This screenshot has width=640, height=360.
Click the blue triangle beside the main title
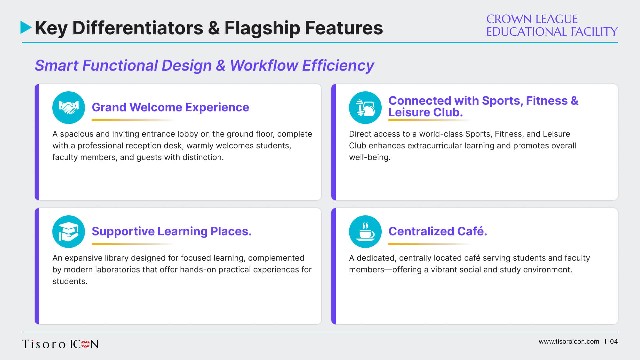click(x=26, y=27)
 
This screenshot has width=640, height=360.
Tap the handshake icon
click(x=69, y=108)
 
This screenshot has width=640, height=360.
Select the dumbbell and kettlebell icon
click(x=365, y=108)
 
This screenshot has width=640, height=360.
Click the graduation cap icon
click(x=69, y=232)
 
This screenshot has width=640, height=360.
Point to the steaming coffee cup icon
click(x=365, y=232)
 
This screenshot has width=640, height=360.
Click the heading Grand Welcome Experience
click(x=170, y=107)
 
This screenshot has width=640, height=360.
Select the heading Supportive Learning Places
click(x=172, y=231)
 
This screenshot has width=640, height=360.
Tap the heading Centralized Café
click(x=438, y=231)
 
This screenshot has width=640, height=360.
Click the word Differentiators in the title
click(x=138, y=28)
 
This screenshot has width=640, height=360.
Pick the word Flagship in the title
click(x=262, y=28)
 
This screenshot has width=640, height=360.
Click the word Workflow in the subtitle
click(x=264, y=65)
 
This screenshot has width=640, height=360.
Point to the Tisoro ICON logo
click(x=60, y=344)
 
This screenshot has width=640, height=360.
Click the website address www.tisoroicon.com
click(x=569, y=342)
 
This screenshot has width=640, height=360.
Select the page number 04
click(x=614, y=342)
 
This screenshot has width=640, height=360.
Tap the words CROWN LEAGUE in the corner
click(x=532, y=19)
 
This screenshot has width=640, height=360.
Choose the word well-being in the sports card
click(x=370, y=157)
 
